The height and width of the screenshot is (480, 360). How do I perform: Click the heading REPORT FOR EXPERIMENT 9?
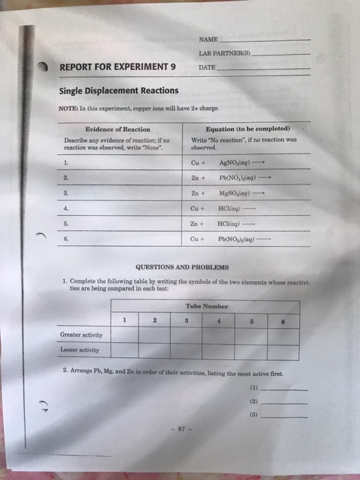tap(118, 67)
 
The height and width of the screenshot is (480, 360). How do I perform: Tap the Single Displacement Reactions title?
tap(119, 91)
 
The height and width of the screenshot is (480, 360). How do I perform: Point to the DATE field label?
tap(206, 68)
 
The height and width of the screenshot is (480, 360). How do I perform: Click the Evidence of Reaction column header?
tap(117, 129)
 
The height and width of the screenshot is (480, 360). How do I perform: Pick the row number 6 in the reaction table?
tap(66, 239)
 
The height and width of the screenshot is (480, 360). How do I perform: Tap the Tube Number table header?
tap(206, 307)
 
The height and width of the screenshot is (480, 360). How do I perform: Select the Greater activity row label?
tap(82, 335)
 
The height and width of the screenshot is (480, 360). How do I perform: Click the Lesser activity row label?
tap(80, 350)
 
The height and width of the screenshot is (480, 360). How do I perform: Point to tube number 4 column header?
tap(219, 320)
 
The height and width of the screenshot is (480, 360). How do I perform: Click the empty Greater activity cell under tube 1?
tap(125, 335)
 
